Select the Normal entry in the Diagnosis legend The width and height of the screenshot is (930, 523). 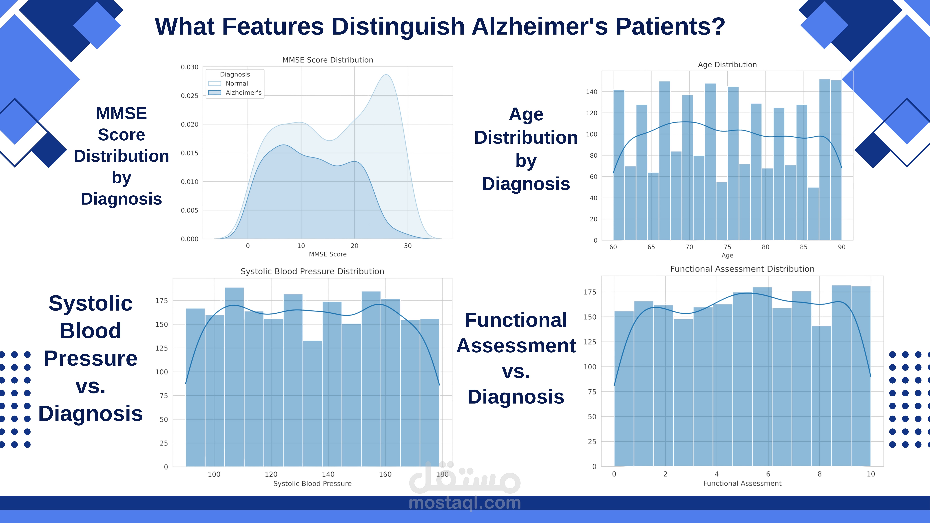(237, 83)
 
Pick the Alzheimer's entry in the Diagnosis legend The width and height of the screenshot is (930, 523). (243, 92)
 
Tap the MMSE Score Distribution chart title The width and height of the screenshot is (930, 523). (328, 60)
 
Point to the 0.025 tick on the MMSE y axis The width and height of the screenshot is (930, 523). (190, 96)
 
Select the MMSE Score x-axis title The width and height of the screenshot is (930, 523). (328, 254)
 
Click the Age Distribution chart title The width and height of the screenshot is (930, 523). (727, 65)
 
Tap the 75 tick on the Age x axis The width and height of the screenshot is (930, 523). (727, 247)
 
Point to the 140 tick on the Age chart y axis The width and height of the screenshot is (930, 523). (591, 92)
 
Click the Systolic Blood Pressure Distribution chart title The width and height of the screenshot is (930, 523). (312, 271)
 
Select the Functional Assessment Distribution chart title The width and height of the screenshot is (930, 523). (742, 269)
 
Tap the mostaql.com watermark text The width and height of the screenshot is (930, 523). (465, 503)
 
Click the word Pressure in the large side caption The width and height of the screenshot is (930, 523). (91, 358)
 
